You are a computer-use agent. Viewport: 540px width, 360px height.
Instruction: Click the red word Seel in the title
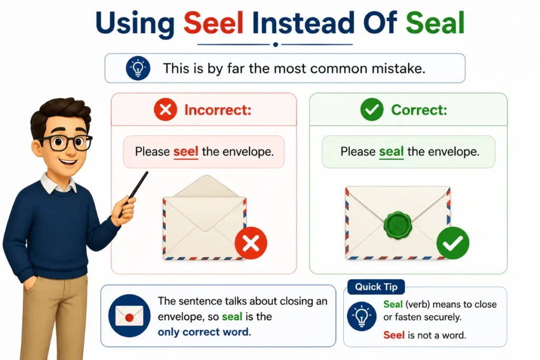tap(214, 23)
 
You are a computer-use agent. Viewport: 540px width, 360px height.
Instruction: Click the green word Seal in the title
tap(435, 23)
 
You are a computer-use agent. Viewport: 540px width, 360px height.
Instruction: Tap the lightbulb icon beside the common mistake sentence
tap(138, 68)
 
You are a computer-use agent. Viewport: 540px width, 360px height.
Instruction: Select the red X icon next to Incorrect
tap(166, 110)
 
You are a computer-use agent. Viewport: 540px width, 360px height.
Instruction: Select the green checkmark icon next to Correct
tap(372, 110)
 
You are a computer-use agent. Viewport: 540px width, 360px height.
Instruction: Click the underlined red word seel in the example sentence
tap(186, 152)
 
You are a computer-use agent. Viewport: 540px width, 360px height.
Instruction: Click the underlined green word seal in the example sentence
tap(391, 152)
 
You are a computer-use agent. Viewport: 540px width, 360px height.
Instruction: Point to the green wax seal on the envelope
tap(398, 225)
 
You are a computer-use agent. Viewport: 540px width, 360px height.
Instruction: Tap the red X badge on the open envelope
tap(250, 243)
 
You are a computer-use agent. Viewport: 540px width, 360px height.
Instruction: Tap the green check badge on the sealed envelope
tap(452, 243)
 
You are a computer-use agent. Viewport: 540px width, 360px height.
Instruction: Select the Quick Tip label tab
tap(376, 287)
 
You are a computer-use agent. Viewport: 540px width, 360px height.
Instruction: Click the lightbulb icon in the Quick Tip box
tap(362, 316)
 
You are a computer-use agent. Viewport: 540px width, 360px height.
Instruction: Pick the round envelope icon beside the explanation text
tap(130, 316)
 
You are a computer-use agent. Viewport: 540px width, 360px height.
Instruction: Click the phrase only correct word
tap(203, 332)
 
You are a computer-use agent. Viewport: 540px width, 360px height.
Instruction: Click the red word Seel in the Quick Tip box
tap(394, 335)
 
